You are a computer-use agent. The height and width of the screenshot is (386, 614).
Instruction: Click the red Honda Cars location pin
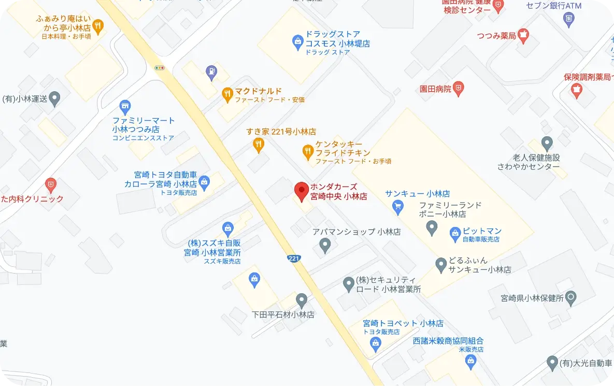point(301,191)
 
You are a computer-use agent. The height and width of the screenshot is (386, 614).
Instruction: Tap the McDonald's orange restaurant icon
point(226,94)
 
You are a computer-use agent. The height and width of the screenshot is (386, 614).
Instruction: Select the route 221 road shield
point(294,258)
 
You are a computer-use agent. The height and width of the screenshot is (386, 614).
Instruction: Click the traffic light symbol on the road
point(160,67)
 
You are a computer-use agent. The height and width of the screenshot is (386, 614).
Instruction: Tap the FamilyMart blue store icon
point(124,107)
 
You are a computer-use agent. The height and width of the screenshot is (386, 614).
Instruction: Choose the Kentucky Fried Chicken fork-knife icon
point(308,151)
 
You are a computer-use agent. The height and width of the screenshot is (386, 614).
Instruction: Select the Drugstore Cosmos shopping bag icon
point(297,41)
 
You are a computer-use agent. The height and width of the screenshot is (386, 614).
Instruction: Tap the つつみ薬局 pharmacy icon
point(523,35)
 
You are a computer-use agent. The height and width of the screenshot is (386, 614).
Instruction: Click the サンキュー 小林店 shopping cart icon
point(397,208)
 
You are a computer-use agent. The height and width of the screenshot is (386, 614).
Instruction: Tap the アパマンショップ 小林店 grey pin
point(325,244)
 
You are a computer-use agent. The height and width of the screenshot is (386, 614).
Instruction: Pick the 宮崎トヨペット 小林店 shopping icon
point(376,342)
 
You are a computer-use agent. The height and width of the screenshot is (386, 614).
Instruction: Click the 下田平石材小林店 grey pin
point(301,299)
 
